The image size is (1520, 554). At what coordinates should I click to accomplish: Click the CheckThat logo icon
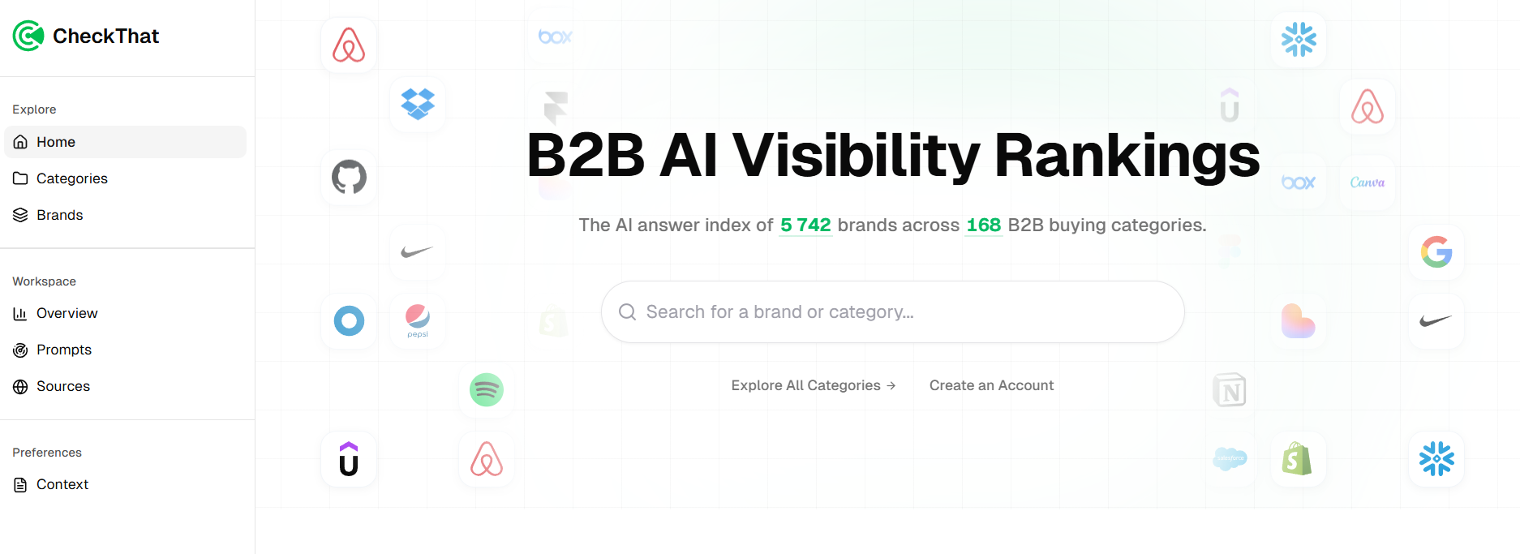(x=28, y=36)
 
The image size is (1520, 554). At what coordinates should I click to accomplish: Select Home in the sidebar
(x=55, y=142)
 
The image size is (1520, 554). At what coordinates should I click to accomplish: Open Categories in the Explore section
(x=71, y=178)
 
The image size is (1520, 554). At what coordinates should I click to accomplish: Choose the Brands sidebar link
(x=59, y=215)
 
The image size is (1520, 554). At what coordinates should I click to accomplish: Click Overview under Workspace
(x=67, y=313)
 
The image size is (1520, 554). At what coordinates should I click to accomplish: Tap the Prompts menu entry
(x=63, y=350)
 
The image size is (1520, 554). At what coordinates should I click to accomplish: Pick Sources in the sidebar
(x=62, y=386)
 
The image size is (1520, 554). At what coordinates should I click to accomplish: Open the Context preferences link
(x=62, y=484)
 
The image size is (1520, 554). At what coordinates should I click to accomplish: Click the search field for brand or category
(x=900, y=312)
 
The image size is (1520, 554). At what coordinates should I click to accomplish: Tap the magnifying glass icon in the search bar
(x=627, y=312)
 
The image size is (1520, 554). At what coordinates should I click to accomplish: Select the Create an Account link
(x=991, y=385)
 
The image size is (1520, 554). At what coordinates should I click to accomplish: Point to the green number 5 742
(x=805, y=225)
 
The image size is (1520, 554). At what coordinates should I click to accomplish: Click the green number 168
(x=983, y=225)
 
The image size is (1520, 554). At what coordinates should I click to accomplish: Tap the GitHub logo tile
(x=349, y=177)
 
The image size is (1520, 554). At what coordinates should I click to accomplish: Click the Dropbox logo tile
(x=418, y=104)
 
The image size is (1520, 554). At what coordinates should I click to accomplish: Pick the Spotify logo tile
(x=487, y=390)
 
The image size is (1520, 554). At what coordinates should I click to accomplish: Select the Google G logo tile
(x=1436, y=252)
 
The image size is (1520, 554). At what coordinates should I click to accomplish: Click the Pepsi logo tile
(x=418, y=320)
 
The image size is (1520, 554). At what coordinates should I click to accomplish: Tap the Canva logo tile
(x=1367, y=183)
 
